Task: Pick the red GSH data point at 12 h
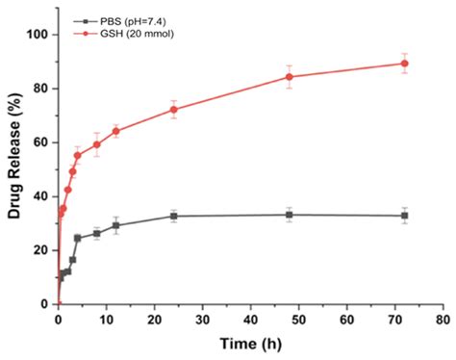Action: [115, 131]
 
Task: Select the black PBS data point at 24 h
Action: [173, 216]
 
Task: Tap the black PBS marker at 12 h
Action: [115, 226]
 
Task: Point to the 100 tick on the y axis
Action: [38, 35]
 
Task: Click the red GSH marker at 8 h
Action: [96, 144]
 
